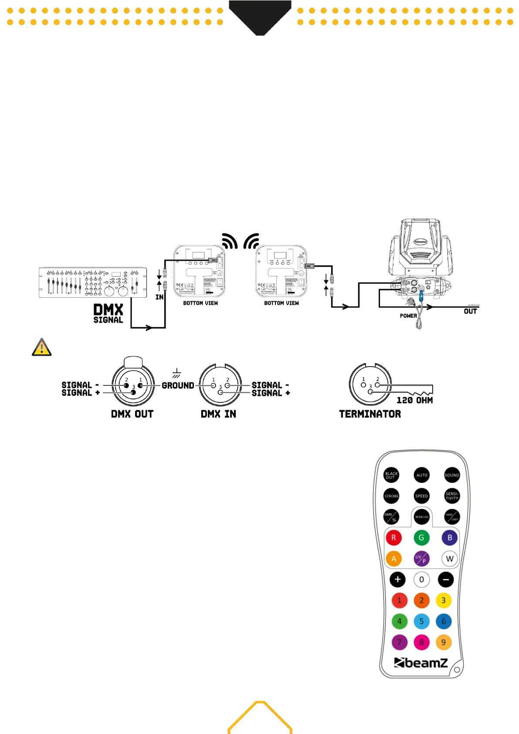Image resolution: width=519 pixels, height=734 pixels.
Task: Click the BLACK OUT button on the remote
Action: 391,475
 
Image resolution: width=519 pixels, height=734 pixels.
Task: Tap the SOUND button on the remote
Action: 451,475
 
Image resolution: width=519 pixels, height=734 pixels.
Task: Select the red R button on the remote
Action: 393,538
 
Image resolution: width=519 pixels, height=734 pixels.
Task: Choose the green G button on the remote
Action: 421,538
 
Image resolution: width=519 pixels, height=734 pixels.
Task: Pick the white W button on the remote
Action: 450,559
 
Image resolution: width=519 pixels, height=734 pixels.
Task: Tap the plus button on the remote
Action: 397,580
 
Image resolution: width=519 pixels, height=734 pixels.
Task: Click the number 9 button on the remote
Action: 444,642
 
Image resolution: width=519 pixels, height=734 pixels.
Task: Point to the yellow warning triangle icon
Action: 42,347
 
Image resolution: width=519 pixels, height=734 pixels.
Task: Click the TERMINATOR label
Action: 370,414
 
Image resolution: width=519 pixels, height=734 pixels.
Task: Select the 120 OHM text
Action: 414,400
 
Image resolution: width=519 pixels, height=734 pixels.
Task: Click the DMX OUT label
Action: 132,414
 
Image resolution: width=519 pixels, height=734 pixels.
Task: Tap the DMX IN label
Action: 218,414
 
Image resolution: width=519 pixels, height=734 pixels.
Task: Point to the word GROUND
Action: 178,386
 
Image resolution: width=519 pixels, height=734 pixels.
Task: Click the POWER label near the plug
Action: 408,316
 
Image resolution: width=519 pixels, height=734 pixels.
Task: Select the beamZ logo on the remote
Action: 421,663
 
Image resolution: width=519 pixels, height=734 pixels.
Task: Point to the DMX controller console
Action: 92,282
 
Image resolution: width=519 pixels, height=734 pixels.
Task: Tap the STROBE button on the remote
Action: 391,496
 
